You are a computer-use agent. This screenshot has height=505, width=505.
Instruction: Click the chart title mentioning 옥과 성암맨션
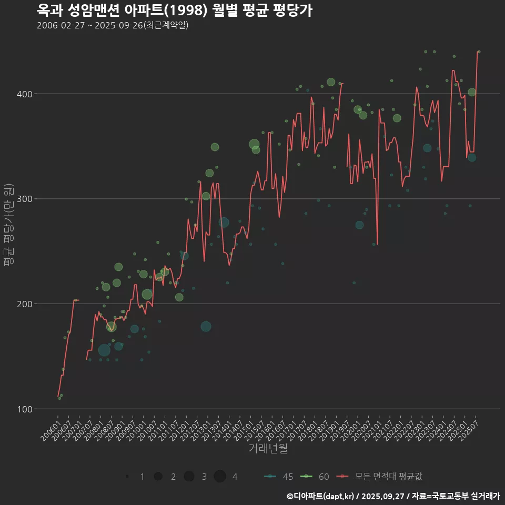coord(175,10)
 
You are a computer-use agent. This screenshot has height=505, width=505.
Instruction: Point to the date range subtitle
coord(113,25)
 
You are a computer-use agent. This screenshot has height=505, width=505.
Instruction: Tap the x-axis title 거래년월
coord(268,449)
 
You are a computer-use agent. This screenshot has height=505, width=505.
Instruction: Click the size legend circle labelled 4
coord(220,476)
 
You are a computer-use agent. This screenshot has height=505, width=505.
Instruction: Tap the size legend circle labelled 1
coord(127,476)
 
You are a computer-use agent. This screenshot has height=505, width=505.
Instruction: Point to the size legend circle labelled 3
coord(189,476)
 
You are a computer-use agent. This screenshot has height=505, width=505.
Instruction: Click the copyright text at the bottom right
coord(393,496)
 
